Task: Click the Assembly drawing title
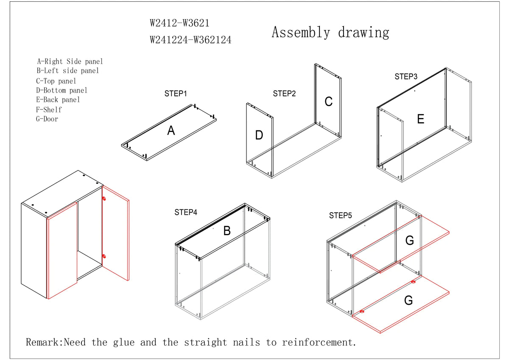(330, 33)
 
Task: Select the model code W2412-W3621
(179, 23)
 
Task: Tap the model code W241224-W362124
(190, 40)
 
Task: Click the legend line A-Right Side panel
(70, 62)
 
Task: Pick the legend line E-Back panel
(58, 100)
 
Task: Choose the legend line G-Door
(47, 119)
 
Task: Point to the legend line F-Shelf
(49, 110)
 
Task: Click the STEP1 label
(176, 94)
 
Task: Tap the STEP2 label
(284, 94)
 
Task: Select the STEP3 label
(406, 77)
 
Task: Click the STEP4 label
(186, 212)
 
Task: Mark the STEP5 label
(341, 216)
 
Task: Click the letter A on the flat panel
(171, 131)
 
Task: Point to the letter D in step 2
(259, 135)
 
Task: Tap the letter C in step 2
(328, 102)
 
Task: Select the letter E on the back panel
(420, 119)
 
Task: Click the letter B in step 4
(227, 231)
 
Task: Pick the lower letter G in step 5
(408, 301)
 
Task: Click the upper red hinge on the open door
(104, 198)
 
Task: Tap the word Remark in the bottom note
(44, 342)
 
